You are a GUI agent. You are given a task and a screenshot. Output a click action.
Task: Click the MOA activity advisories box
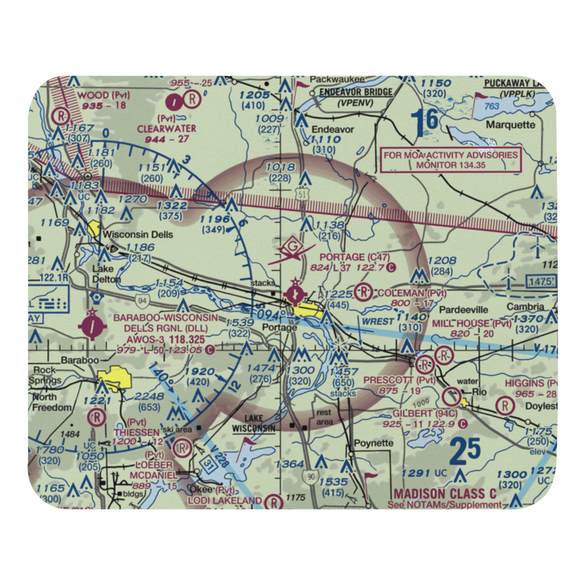[450, 160]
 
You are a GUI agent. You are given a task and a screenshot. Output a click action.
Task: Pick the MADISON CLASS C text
[445, 494]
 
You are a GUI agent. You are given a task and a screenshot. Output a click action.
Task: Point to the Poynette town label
[373, 443]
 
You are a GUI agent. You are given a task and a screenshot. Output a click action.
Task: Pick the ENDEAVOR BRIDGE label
[356, 92]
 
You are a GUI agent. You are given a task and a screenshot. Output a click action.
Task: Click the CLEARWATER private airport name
[166, 128]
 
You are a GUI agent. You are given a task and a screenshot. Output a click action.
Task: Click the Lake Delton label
[106, 274]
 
